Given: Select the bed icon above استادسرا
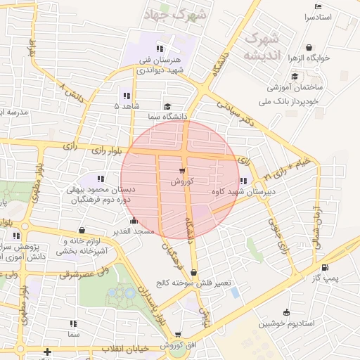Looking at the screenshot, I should (318, 6).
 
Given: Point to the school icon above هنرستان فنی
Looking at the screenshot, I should (160, 49).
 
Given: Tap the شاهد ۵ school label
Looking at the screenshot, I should (127, 105).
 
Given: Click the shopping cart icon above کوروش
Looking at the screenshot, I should (182, 171).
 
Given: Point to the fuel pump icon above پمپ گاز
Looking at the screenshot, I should (324, 267).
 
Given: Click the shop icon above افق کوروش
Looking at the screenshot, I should (177, 335).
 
